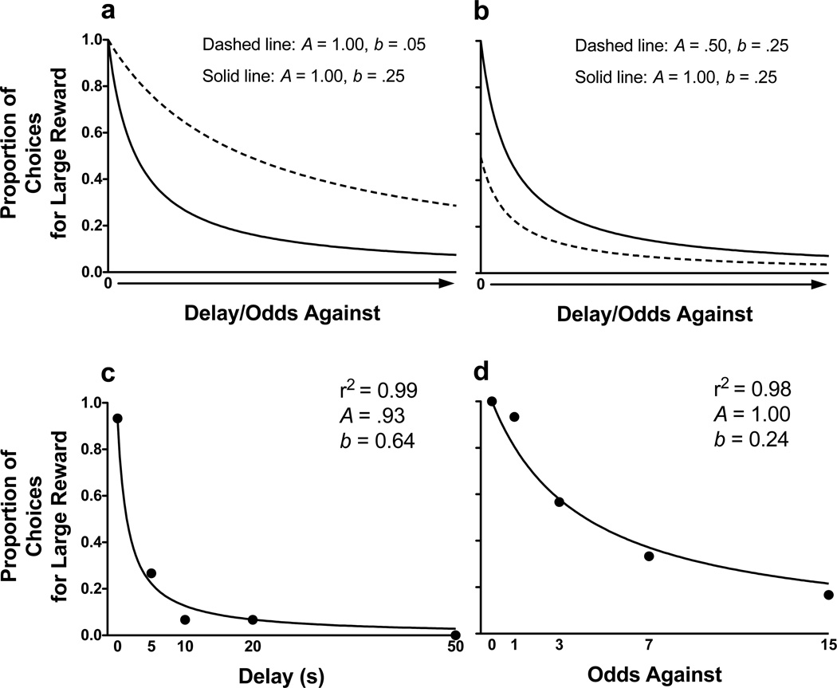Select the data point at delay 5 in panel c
pyautogui.click(x=151, y=573)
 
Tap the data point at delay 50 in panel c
pyautogui.click(x=454, y=635)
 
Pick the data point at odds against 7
pyautogui.click(x=649, y=556)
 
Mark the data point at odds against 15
pyautogui.click(x=828, y=595)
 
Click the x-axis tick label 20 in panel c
pyautogui.click(x=253, y=651)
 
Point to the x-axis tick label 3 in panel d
pyautogui.click(x=559, y=651)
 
